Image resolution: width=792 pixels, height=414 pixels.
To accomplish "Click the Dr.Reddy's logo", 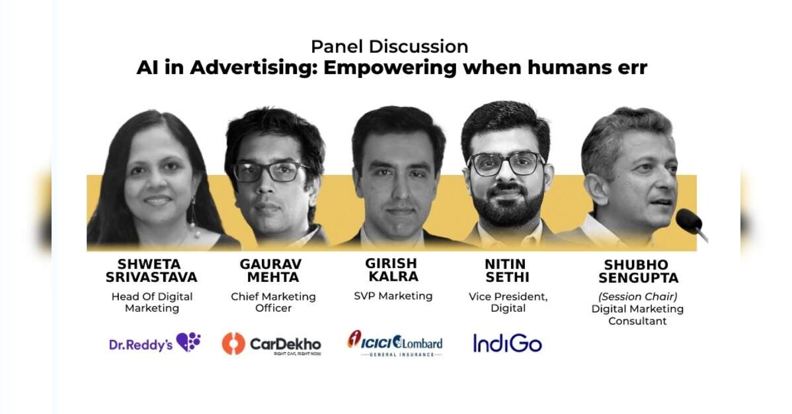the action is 155,343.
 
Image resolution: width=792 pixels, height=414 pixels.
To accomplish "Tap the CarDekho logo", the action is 271,344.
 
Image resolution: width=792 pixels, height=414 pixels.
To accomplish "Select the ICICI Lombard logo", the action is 395,344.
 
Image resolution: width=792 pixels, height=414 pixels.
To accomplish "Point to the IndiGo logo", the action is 507,343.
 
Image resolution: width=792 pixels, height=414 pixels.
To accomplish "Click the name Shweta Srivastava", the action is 151,271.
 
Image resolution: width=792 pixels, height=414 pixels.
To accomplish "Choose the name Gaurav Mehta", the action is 271,271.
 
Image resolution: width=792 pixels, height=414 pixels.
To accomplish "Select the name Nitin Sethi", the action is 506,271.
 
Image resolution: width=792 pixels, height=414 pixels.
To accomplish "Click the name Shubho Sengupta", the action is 638,271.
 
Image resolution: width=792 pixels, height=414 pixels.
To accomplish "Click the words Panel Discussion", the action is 389,46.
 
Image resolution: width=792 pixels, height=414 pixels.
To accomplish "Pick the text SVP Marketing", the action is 393,296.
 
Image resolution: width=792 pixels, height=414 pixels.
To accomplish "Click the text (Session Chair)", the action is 637,296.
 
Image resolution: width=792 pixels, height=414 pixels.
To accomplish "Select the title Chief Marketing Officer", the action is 273,302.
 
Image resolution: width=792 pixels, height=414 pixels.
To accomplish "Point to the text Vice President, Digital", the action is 508,302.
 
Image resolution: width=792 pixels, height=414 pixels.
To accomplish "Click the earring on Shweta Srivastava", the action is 194,219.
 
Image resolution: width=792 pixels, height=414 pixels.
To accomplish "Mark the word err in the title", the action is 632,69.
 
